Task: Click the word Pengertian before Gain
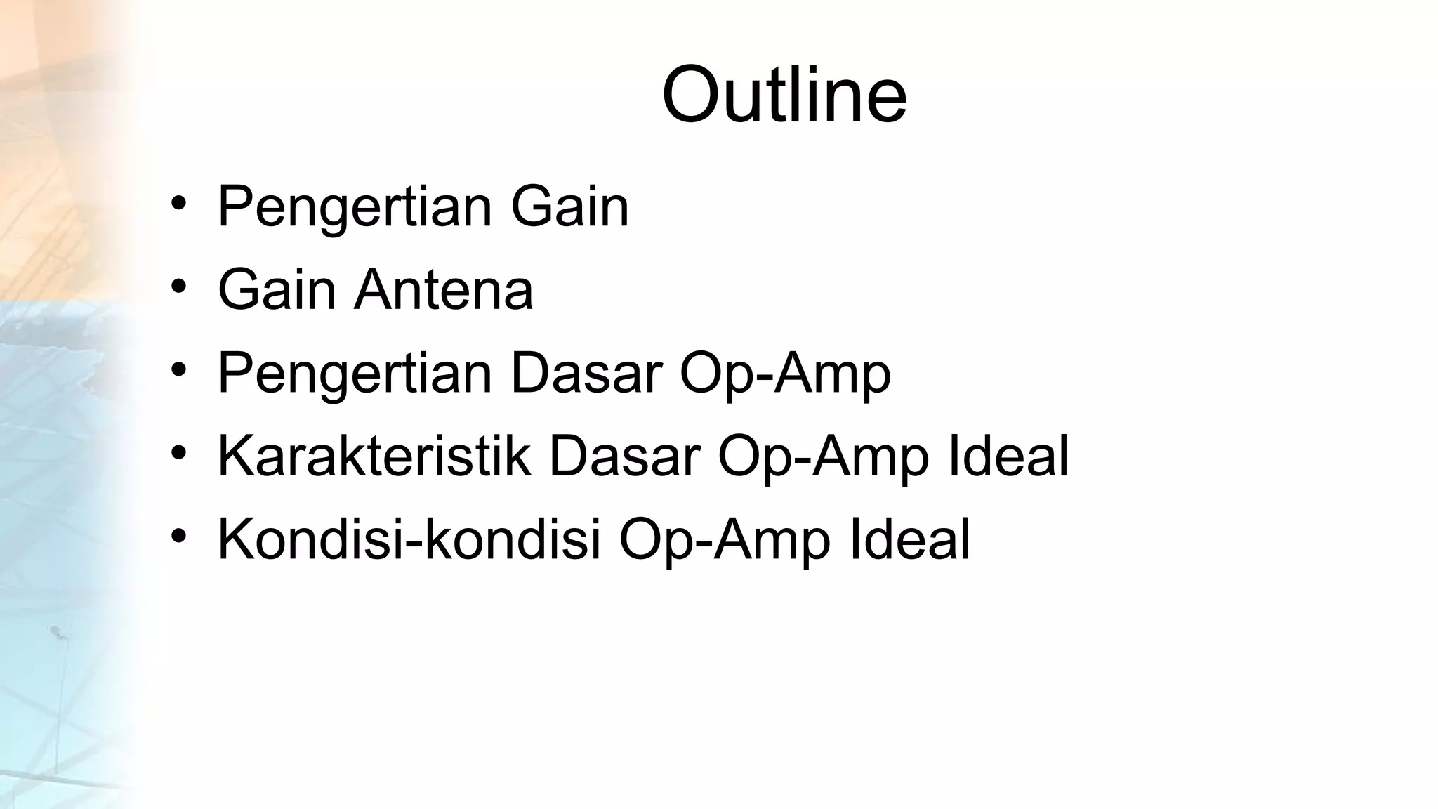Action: click(x=355, y=207)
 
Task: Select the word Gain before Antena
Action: click(x=277, y=289)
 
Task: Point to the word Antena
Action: click(x=444, y=289)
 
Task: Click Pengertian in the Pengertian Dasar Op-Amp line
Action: click(x=355, y=374)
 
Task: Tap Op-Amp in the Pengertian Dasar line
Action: click(x=785, y=374)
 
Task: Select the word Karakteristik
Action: click(x=374, y=456)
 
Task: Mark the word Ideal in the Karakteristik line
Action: click(x=1008, y=456)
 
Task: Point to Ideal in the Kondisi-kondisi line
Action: click(x=910, y=539)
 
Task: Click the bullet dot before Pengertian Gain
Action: click(x=178, y=204)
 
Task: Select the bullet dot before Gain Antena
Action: click(x=178, y=287)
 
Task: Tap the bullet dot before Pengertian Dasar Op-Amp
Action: click(x=178, y=370)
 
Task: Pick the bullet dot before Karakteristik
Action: click(x=178, y=454)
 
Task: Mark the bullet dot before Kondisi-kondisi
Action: click(x=178, y=537)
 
